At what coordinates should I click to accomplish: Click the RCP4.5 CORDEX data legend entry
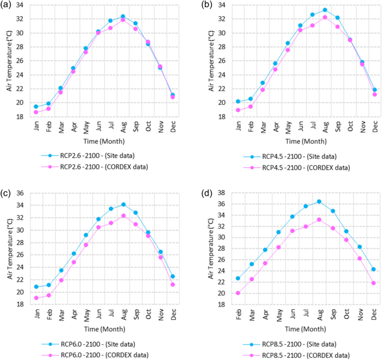point(294,167)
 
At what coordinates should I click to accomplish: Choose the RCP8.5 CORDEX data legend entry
point(294,354)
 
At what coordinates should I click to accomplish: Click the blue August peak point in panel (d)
point(319,201)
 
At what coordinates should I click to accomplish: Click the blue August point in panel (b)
point(325,10)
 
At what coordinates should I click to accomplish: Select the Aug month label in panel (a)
point(123,128)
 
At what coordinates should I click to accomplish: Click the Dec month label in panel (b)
point(375,128)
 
